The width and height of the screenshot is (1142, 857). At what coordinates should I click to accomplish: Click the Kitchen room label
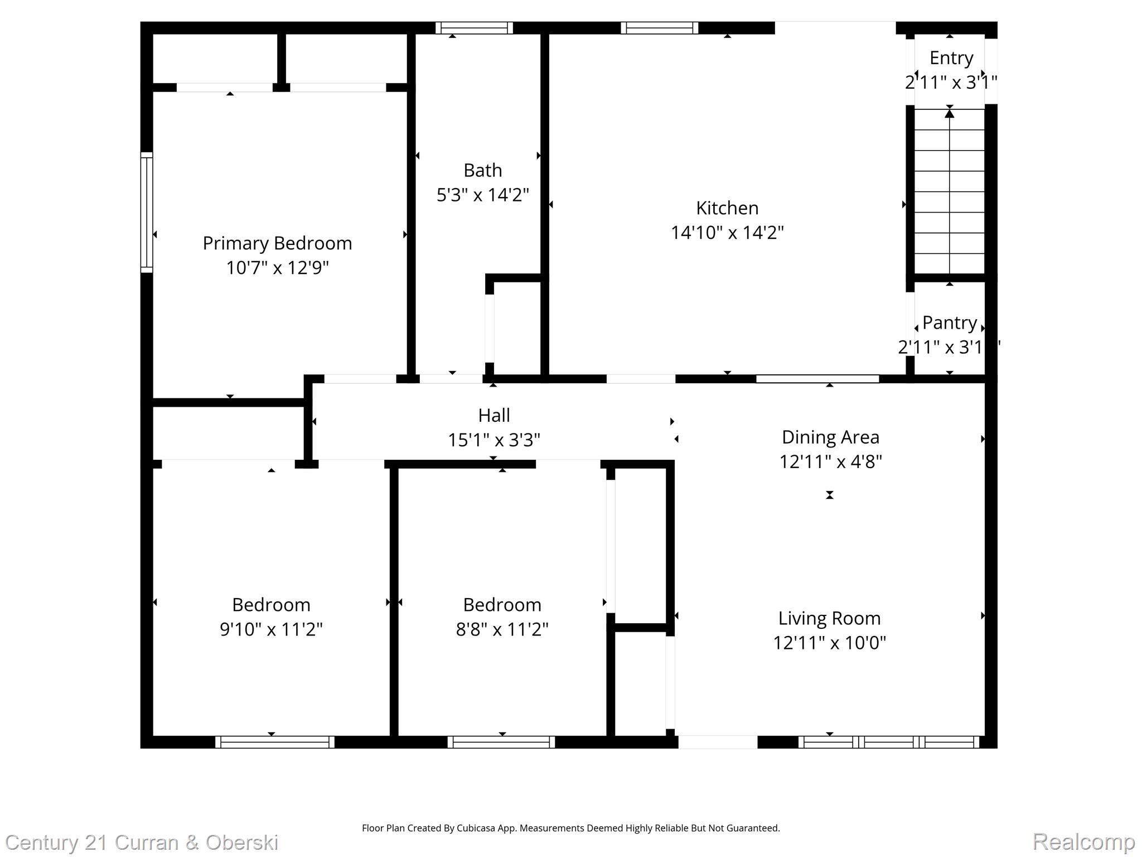coord(727,208)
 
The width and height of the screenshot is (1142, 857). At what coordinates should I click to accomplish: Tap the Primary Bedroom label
coord(277,243)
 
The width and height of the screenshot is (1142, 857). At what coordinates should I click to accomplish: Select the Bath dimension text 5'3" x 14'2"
coord(482,195)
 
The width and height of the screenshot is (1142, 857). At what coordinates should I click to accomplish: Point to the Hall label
coord(493,416)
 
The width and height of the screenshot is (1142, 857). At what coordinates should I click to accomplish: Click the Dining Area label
coord(830,437)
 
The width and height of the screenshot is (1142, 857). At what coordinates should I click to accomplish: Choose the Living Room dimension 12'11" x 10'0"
coord(829,643)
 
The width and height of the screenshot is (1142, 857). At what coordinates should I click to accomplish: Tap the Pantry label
coord(949,323)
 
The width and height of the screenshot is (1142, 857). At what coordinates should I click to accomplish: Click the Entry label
coord(951,58)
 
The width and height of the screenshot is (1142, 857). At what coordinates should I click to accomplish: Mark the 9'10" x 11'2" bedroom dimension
coord(271,629)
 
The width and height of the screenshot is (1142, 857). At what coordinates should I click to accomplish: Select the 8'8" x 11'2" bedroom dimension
coord(502,629)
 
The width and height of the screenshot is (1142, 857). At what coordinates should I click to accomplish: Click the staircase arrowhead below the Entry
coord(949,114)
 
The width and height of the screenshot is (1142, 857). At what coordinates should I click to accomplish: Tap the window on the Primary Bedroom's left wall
coord(147,213)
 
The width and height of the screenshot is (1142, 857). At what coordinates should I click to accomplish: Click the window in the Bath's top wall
coord(474,28)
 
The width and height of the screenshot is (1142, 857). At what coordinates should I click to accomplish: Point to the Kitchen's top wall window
coord(659,28)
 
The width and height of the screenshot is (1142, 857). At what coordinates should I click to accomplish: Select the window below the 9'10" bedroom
coord(275,742)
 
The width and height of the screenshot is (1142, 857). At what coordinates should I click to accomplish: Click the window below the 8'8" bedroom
coord(501,742)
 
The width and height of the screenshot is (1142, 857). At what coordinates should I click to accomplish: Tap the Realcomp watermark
coord(1083,841)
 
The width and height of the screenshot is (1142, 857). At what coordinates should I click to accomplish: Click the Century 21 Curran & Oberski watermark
coord(142,842)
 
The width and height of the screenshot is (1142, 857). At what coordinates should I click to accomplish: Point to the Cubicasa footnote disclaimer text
coord(570,828)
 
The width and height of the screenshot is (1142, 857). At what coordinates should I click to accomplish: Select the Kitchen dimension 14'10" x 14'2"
coord(727,233)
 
